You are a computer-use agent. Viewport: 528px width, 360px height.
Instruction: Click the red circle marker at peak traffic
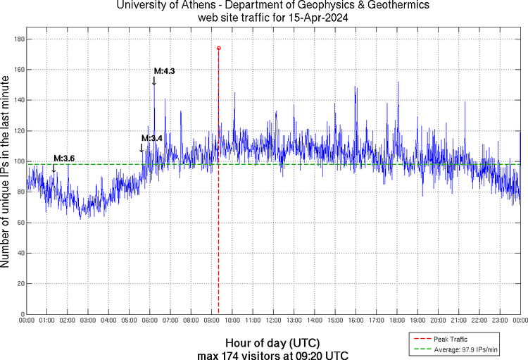(x=218, y=48)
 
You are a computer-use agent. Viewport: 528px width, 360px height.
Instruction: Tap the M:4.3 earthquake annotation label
(x=164, y=71)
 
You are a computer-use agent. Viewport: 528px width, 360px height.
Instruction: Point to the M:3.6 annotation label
(x=64, y=158)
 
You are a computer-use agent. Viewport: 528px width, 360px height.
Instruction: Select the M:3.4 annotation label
(x=152, y=138)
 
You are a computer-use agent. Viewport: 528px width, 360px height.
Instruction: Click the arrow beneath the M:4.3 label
(x=154, y=81)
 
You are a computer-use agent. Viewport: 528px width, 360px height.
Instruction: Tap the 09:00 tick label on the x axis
(x=211, y=321)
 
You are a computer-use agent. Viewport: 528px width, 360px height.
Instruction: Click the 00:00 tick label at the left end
(x=27, y=321)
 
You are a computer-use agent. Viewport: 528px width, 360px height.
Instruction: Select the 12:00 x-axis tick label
(x=273, y=321)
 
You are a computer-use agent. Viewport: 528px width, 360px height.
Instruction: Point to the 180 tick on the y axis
(x=18, y=39)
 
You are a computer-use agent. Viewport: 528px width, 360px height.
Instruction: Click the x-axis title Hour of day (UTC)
(x=272, y=342)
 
